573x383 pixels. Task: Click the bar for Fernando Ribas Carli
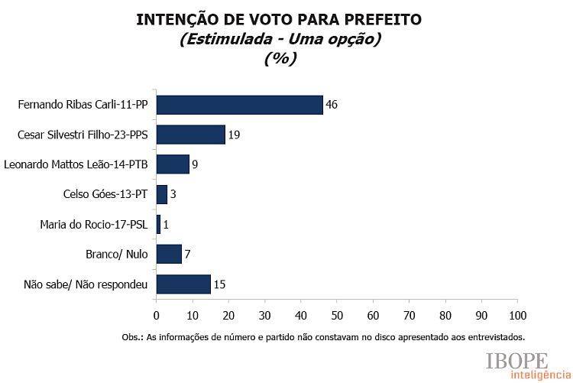[239, 105]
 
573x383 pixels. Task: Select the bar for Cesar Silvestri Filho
[190, 135]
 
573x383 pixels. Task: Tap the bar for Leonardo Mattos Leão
[173, 164]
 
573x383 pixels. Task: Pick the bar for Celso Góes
[161, 194]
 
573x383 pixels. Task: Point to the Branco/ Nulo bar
[169, 254]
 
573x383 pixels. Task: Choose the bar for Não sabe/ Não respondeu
[183, 284]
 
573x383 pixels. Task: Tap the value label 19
[235, 135]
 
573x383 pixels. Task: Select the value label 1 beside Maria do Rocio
[167, 225]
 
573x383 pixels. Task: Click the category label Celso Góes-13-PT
[106, 194]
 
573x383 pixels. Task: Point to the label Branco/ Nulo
[117, 255]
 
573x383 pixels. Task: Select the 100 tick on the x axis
[517, 314]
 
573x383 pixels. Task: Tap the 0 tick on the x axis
[156, 314]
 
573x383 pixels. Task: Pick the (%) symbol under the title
[280, 59]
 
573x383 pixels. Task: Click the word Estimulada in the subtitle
[222, 40]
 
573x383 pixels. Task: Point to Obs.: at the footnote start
[133, 336]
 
